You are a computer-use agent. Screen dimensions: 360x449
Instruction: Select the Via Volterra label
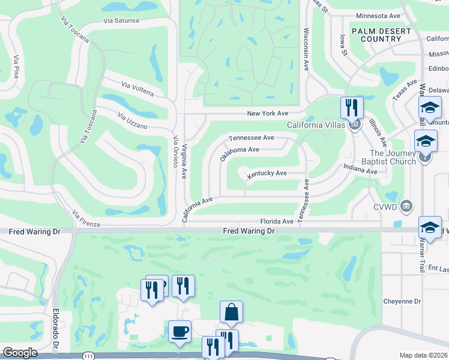[x=137, y=89]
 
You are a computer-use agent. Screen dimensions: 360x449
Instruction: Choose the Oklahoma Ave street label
[x=239, y=153]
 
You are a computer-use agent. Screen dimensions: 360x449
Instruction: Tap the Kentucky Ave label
[x=267, y=173]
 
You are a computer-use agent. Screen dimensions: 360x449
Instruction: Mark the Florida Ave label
[x=276, y=221]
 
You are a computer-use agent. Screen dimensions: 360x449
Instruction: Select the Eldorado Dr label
[x=56, y=329]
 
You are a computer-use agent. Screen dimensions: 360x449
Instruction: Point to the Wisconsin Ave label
[x=306, y=49]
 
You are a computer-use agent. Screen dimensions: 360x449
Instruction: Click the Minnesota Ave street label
[x=378, y=16]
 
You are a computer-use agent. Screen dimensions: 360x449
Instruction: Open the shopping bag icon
[x=231, y=313]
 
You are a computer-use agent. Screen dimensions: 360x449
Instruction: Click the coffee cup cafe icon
[x=179, y=331]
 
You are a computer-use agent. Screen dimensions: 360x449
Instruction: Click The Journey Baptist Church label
[x=388, y=157]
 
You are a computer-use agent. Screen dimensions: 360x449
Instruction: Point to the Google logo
[x=20, y=353]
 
